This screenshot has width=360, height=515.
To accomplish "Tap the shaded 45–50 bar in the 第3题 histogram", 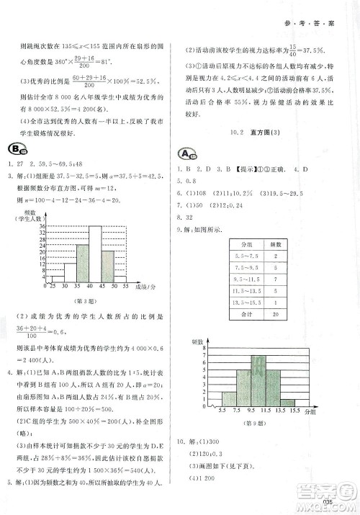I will [x=107, y=266].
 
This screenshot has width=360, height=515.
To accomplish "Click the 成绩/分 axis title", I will [x=146, y=286].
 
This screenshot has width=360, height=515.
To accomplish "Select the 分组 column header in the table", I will [x=251, y=244].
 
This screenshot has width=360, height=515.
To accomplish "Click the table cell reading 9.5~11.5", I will [x=251, y=278].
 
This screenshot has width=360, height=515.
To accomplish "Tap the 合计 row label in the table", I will [x=251, y=313].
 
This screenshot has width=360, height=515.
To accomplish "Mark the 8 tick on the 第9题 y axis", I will [x=205, y=348].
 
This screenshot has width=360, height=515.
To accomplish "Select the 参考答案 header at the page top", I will [x=314, y=22].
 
